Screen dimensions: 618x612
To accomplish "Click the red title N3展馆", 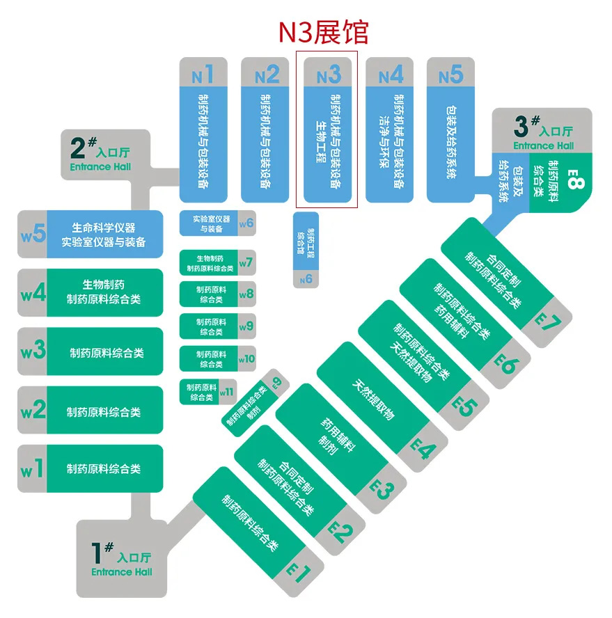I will tap(323, 32).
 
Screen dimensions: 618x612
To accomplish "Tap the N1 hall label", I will tap(203, 72).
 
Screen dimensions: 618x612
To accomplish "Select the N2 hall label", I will tap(266, 74).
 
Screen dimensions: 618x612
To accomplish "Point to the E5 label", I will tap(463, 406).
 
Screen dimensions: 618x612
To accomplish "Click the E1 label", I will tap(299, 572).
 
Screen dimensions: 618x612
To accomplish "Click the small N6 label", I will tap(306, 279).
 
